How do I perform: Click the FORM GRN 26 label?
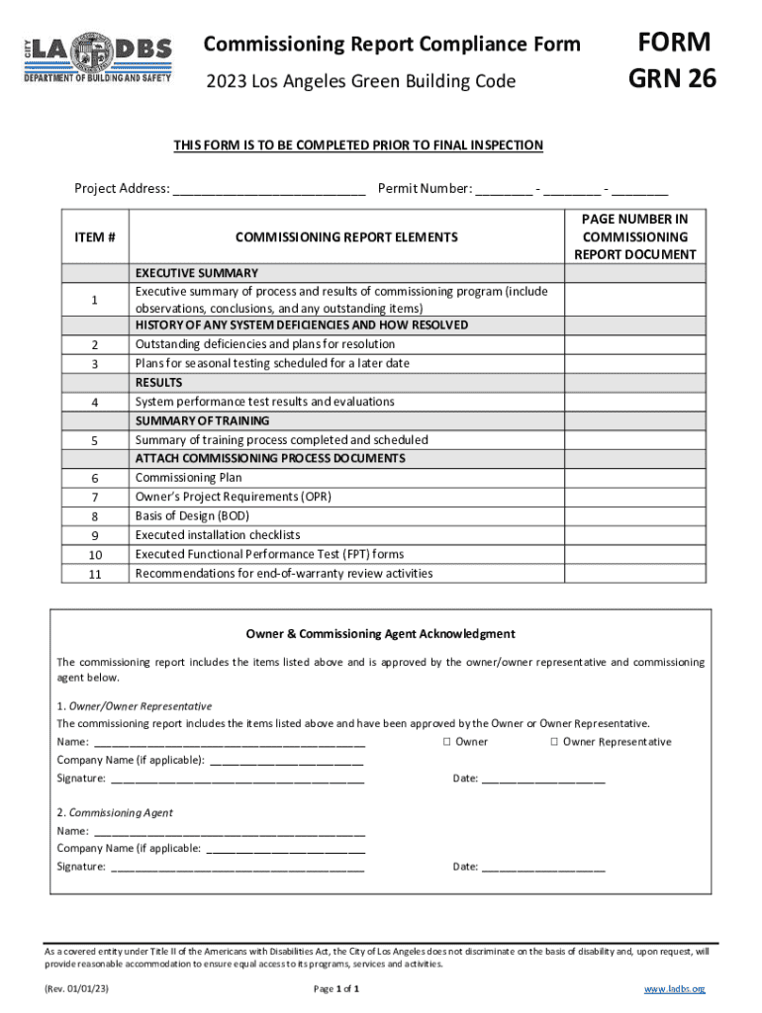pos(674,58)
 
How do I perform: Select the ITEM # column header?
pos(95,237)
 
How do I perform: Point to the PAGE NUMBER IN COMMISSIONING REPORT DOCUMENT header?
pos(634,236)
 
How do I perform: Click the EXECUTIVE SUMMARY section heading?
pos(197,273)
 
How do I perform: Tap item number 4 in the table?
pos(95,403)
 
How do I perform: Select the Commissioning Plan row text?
pos(188,478)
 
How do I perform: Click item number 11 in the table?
pos(95,574)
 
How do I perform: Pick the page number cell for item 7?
pos(634,497)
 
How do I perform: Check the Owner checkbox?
pos(447,742)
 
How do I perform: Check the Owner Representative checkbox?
pos(555,742)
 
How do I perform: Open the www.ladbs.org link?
pos(674,989)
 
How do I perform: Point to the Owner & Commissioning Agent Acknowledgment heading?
pos(380,634)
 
